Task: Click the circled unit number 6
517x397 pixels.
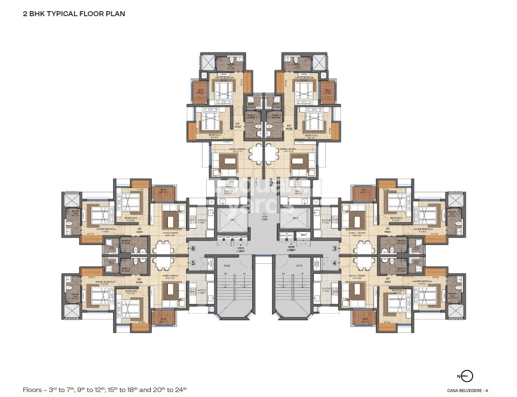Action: pyautogui.click(x=193, y=248)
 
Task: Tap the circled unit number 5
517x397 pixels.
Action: pyautogui.click(x=193, y=263)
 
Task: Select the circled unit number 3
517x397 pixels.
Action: pyautogui.click(x=334, y=248)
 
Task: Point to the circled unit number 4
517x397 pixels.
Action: pyautogui.click(x=334, y=263)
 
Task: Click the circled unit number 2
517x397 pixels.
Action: pyautogui.click(x=271, y=183)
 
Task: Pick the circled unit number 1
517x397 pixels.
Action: pyautogui.click(x=256, y=183)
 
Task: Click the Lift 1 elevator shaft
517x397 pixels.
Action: pyautogui.click(x=232, y=220)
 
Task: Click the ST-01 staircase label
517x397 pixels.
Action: pyautogui.click(x=299, y=265)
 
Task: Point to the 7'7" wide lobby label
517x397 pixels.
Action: pyautogui.click(x=264, y=217)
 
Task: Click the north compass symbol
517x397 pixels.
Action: pyautogui.click(x=466, y=376)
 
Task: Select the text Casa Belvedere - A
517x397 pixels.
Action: pyautogui.click(x=467, y=390)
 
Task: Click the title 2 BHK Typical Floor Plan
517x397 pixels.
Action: pyautogui.click(x=74, y=14)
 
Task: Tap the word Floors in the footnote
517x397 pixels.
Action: pyautogui.click(x=32, y=390)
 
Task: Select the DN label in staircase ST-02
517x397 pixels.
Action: pyautogui.click(x=225, y=274)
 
